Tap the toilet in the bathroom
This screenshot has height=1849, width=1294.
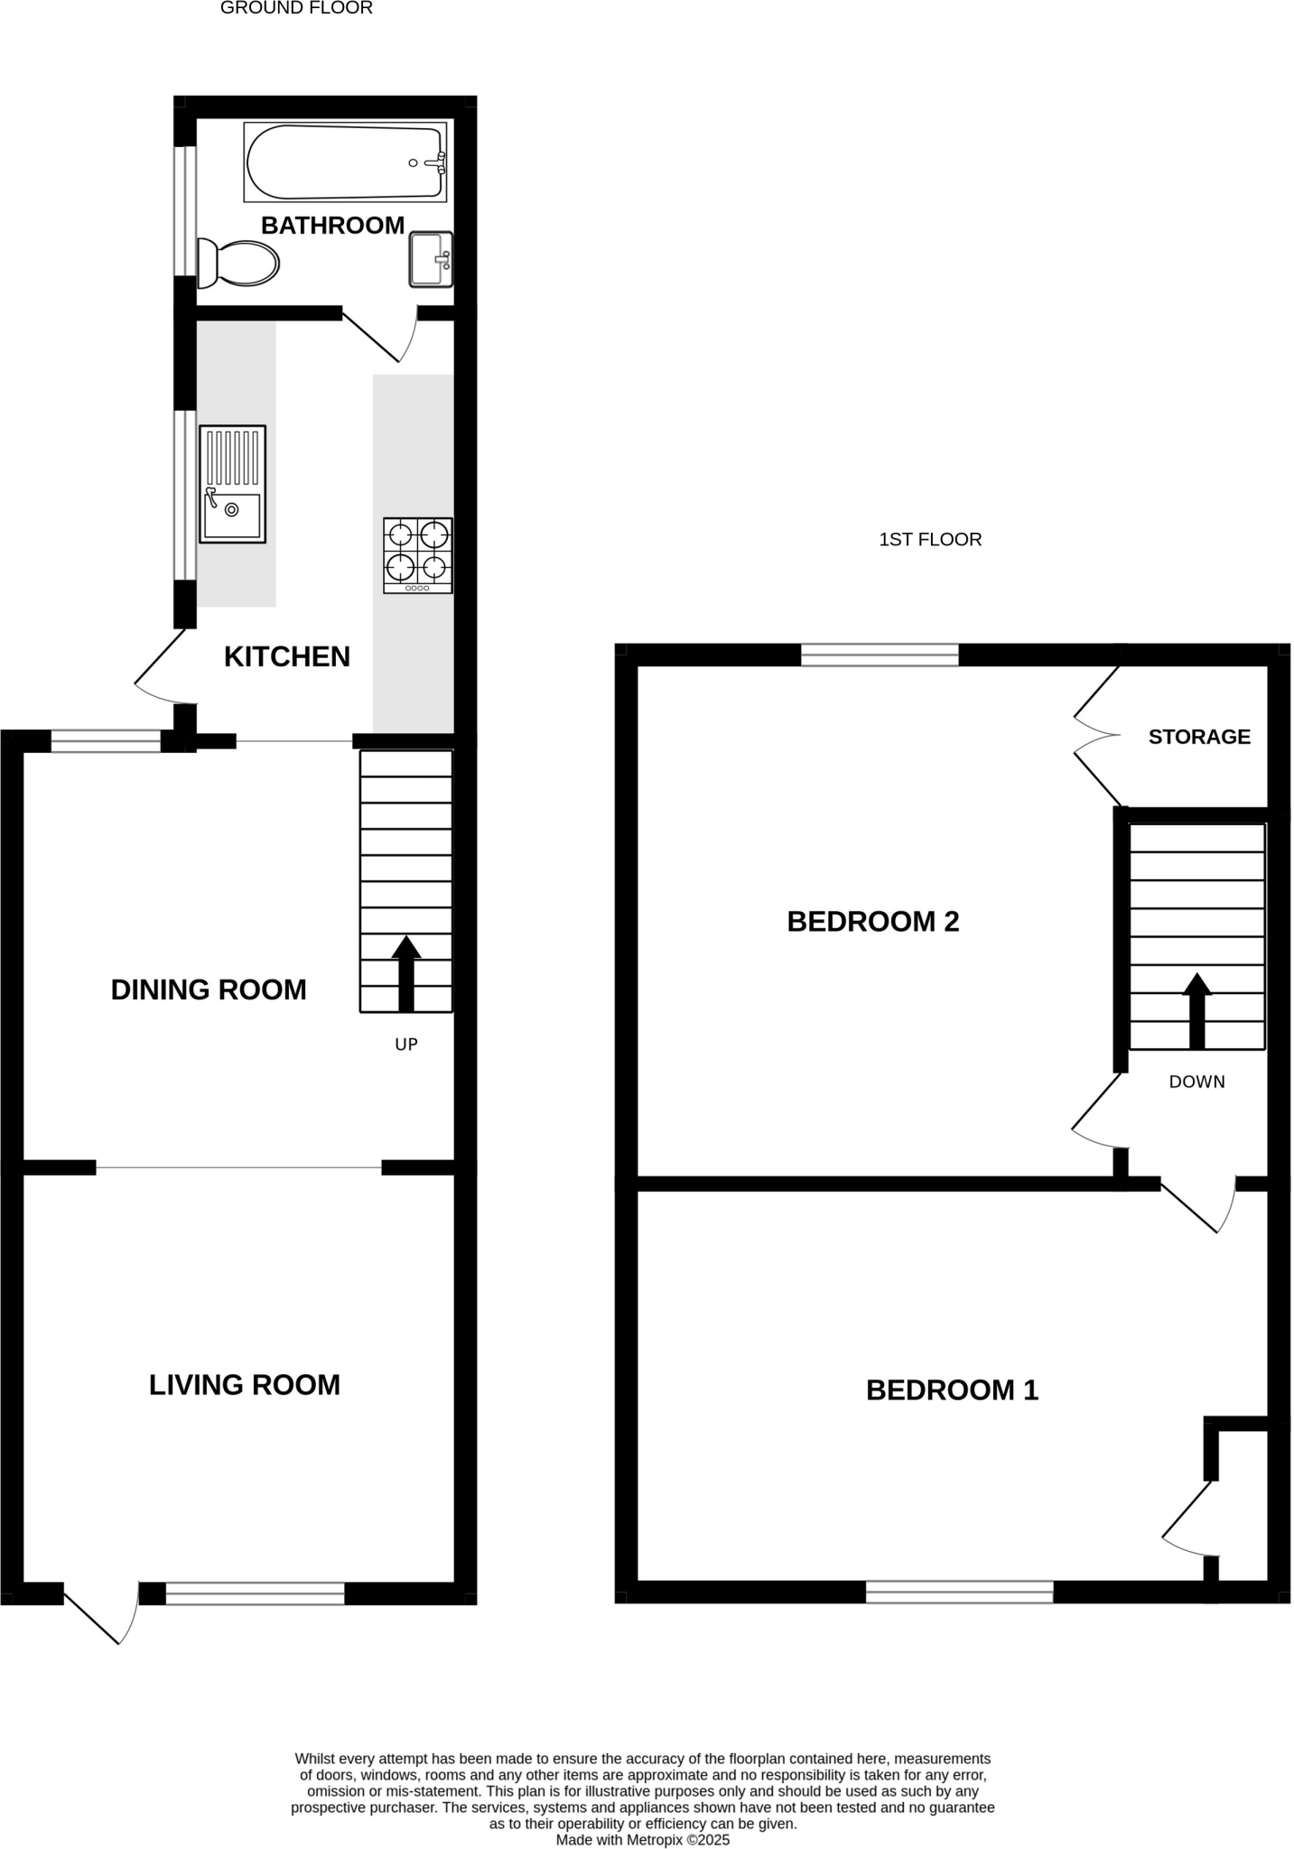239,263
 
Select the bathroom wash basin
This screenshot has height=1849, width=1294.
431,259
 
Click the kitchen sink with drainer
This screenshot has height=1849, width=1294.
233,484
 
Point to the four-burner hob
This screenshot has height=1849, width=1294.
418,554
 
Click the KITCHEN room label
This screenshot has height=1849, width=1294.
287,656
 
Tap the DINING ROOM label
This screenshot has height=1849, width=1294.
209,990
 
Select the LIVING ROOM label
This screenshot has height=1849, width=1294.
245,1384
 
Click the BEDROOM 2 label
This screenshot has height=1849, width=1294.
873,921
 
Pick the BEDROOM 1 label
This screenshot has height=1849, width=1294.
953,1389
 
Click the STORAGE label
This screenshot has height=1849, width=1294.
1199,737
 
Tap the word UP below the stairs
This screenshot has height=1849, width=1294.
406,1045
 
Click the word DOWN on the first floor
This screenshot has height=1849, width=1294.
1197,1082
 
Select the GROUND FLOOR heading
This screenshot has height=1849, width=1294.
296,8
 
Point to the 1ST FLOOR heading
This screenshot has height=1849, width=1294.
930,539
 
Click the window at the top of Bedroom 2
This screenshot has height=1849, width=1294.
880,655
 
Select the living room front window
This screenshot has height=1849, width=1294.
256,1593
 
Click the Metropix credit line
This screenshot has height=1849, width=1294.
643,1839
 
